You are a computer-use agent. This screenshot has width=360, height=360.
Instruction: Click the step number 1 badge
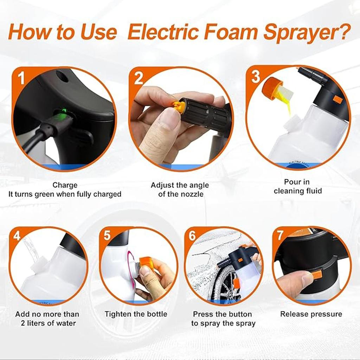21,78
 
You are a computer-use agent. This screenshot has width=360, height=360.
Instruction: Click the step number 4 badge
17,236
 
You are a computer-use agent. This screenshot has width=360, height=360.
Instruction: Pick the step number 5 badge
107,236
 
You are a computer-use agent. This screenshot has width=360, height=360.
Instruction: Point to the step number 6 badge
192,236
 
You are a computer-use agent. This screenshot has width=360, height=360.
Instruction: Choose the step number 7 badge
280,235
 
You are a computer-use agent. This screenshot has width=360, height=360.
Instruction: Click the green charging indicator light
64,112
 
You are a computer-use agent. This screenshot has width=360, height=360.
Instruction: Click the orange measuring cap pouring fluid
272,89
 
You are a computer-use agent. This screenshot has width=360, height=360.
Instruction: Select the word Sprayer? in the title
307,32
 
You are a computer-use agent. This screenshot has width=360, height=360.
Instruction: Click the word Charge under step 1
65,185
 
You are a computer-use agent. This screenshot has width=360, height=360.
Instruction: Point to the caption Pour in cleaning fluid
298,186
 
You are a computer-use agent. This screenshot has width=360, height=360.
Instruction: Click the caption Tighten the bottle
136,314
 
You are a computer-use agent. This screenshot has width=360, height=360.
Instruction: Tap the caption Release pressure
311,314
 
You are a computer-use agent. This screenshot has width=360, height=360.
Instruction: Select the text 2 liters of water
45,323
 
